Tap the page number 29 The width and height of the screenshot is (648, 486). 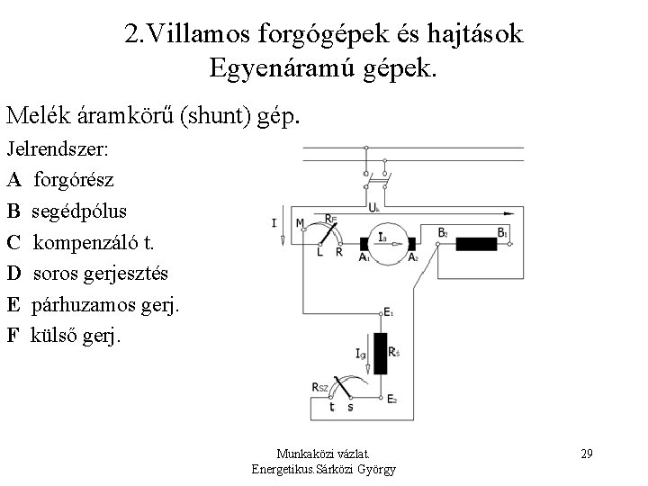(x=586, y=452)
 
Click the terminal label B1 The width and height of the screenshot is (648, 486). (x=503, y=231)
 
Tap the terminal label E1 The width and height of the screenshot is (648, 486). (x=389, y=312)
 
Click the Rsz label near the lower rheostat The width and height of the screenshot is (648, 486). (x=320, y=387)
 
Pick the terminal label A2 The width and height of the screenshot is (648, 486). (x=413, y=257)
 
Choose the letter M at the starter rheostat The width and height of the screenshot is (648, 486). (x=301, y=221)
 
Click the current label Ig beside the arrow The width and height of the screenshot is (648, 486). (x=360, y=355)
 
